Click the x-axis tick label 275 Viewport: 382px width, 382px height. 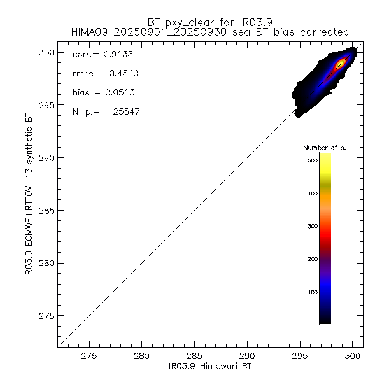pyautogui.click(x=89, y=357)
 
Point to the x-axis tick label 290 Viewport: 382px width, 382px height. pyautogui.click(x=248, y=357)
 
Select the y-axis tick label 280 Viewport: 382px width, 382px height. pyautogui.click(x=47, y=263)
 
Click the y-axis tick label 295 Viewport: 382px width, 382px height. pyautogui.click(x=47, y=105)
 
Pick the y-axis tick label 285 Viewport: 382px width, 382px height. pyautogui.click(x=47, y=211)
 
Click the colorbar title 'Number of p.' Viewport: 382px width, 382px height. pyautogui.click(x=325, y=148)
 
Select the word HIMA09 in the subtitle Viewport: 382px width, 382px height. pyautogui.click(x=73, y=31)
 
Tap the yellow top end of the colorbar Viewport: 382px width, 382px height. pyautogui.click(x=325, y=158)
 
